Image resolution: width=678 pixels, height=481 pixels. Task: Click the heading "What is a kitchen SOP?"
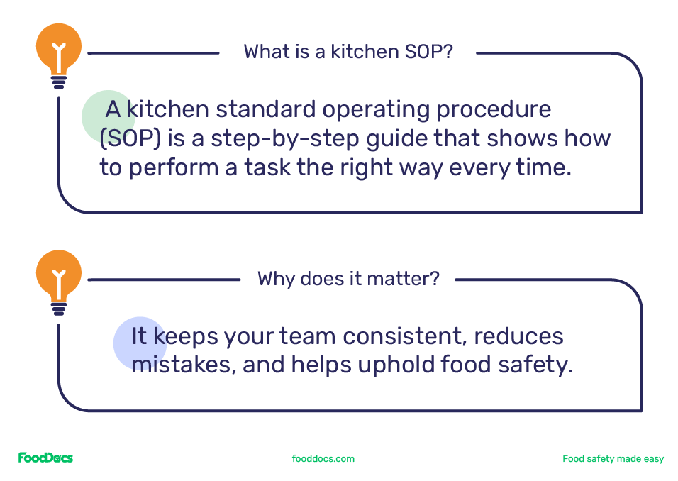348,52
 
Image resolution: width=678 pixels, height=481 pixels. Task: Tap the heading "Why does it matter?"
348,278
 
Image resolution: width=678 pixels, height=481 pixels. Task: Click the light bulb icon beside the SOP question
59,52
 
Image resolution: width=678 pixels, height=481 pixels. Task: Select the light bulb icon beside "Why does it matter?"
59,279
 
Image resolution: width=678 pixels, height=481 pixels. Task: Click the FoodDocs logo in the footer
45,458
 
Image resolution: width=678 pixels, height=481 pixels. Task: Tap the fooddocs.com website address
323,459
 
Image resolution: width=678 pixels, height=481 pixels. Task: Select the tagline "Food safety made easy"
613,459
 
